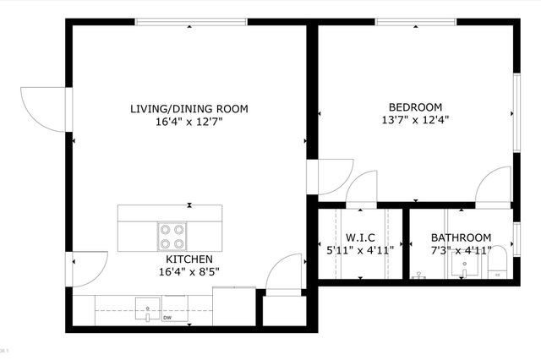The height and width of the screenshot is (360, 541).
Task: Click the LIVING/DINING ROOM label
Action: tap(189, 109)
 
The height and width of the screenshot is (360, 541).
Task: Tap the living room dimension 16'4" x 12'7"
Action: tap(189, 123)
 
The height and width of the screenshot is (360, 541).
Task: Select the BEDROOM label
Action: tap(415, 106)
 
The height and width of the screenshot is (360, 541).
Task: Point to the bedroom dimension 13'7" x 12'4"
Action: tap(415, 119)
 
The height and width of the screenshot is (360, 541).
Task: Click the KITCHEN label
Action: tap(189, 259)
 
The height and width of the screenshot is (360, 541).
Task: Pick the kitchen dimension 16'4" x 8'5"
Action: tap(189, 271)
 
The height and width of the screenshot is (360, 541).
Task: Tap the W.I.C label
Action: tap(360, 238)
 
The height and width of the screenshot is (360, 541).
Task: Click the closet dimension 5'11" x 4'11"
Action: tap(360, 250)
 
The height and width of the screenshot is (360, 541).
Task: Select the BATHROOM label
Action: tap(461, 238)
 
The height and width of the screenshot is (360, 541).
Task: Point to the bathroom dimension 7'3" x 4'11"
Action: tap(461, 250)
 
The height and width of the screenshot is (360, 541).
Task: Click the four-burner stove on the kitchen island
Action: tap(172, 232)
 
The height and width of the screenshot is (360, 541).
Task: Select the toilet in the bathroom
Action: tap(497, 262)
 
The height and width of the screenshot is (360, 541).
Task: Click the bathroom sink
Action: tap(464, 268)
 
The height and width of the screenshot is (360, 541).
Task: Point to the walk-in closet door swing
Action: tap(362, 190)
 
